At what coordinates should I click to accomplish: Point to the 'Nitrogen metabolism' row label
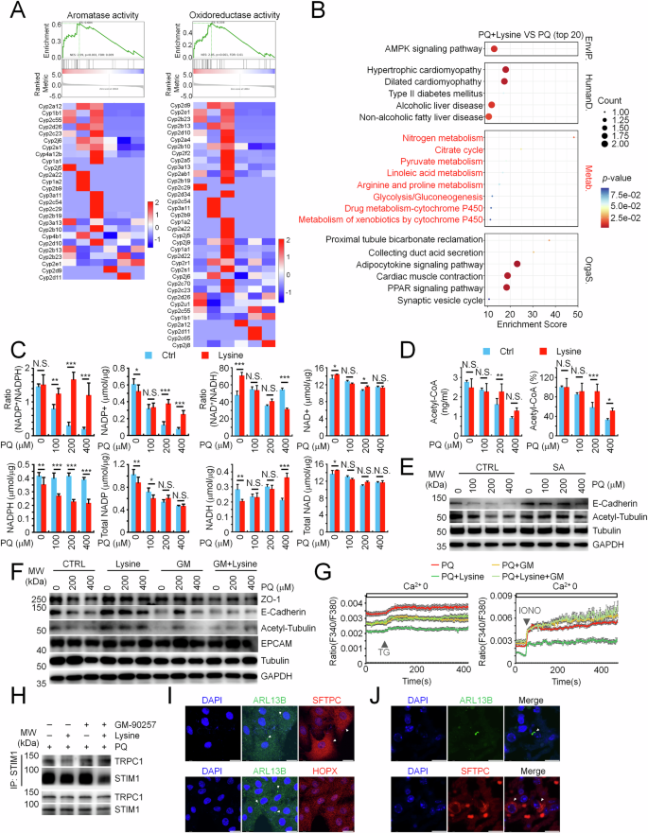pyautogui.click(x=444, y=138)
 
